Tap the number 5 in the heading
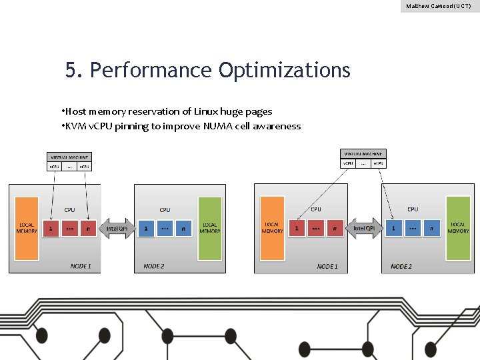[x=70, y=70]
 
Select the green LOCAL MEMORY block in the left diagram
[x=209, y=228]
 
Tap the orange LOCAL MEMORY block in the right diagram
[x=272, y=227]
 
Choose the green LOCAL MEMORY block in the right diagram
[x=458, y=227]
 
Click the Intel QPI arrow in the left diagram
[x=117, y=229]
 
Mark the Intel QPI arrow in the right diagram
[x=364, y=229]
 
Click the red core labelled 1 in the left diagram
[x=51, y=229]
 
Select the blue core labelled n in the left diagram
[x=183, y=229]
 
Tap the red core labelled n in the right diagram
[x=335, y=228]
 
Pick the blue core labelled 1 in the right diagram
[x=393, y=228]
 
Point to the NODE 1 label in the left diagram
[x=81, y=266]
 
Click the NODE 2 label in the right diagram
[x=401, y=266]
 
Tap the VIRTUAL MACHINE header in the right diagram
[x=363, y=153]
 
